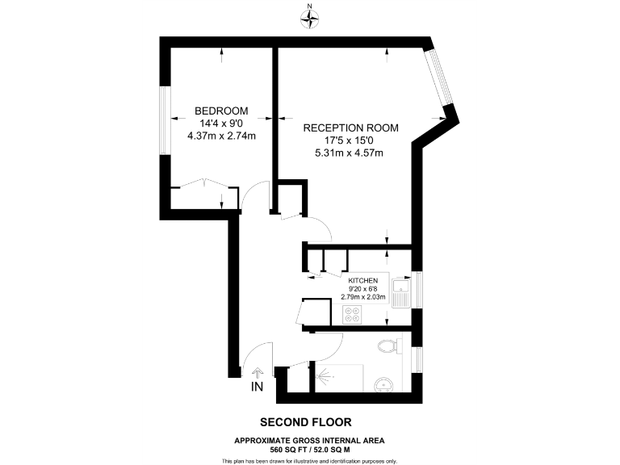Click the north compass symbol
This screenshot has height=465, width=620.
(x=309, y=19)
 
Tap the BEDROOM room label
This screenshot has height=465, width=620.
(x=221, y=111)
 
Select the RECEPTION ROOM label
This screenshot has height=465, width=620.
(x=350, y=128)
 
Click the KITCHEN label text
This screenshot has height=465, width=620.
(x=363, y=280)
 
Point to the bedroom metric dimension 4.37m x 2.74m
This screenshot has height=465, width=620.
(x=221, y=136)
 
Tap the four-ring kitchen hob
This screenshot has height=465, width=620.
(x=354, y=316)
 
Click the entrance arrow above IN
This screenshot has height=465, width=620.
(x=258, y=374)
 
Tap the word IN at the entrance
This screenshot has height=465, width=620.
(x=258, y=388)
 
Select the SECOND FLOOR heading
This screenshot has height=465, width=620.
(x=305, y=422)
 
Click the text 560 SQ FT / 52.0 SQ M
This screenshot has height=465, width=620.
(x=309, y=449)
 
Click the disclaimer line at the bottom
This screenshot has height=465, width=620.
(x=309, y=460)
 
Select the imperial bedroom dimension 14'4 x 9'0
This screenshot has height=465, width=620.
(x=221, y=123)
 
